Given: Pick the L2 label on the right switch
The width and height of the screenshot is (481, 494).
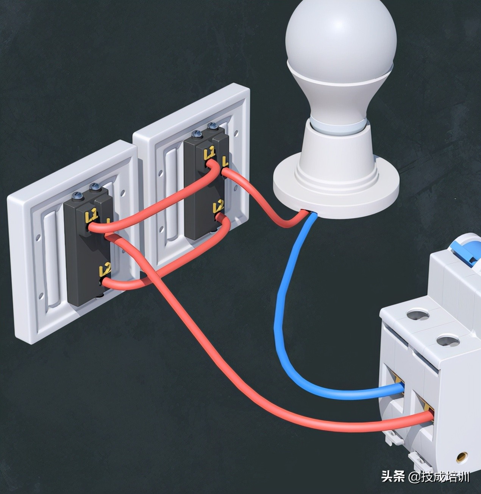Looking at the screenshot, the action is (x=219, y=207).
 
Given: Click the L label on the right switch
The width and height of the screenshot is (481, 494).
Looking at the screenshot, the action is (x=225, y=162).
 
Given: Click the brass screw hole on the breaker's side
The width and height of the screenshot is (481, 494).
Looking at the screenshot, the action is (x=461, y=457).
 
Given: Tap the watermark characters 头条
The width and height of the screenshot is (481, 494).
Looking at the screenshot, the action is (x=392, y=477).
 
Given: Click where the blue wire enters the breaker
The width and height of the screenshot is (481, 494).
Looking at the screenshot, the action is (x=402, y=388).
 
